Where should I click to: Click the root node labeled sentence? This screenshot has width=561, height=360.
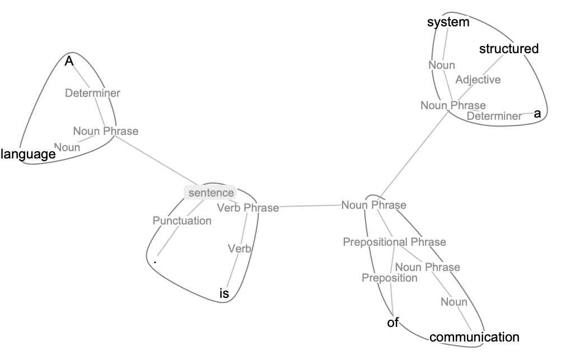coord(211,193)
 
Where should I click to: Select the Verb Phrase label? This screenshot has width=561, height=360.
coord(247,208)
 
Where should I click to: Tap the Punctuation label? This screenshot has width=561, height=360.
coord(182,221)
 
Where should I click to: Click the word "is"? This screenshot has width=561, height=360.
coord(224,293)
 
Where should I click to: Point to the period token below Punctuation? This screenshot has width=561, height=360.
coord(155,259)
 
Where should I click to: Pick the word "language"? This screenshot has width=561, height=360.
coord(28,154)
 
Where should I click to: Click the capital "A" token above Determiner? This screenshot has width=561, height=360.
coord(69,61)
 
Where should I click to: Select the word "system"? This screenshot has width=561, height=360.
coord(447,22)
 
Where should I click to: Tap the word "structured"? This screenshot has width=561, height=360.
coord(508,49)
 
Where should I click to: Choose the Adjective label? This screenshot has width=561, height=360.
coord(478,80)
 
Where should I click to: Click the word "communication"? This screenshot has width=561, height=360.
coord(474,337)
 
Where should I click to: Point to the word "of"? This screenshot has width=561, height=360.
coord(393,322)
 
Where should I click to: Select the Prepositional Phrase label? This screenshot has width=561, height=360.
coord(394,242)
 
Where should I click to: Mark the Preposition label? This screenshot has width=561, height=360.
coord(389,278)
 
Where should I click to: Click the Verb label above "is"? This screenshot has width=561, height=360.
coord(239,249)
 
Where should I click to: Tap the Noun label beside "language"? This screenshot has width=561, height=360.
coord(67,147)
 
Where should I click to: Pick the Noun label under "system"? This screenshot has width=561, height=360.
coord(442,65)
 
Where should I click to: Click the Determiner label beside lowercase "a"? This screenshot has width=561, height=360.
coord(494,116)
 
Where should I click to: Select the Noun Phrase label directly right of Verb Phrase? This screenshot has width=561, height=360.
coord(373,205)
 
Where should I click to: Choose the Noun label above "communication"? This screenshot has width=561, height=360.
coord(454,302)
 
